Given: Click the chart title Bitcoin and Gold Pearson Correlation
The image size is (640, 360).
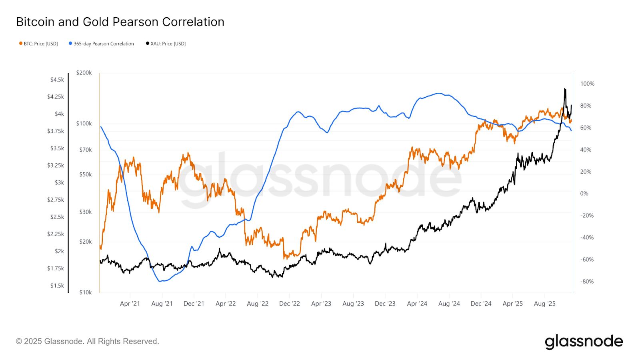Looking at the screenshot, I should pos(120,22).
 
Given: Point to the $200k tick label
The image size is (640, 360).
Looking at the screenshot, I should pos(84,73).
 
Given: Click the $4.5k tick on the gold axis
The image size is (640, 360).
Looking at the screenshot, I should pos(57,80).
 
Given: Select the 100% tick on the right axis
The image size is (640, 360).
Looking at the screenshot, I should pos(587,84).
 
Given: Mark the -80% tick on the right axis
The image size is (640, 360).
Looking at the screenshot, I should pos(587,282).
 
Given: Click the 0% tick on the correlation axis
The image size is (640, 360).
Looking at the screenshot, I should pos(584,194).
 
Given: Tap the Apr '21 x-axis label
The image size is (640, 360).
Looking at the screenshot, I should pos(130,304).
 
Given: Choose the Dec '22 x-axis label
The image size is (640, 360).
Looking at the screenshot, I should pos(290,304).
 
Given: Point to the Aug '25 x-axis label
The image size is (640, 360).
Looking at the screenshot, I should pos(544,304).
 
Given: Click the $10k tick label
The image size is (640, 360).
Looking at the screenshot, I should pos(86,292).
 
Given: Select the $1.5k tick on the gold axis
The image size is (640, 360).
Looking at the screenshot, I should pos(57,286).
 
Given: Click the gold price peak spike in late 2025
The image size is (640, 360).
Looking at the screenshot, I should pos(565,89).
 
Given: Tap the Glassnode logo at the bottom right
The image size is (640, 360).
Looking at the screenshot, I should pos(584,342).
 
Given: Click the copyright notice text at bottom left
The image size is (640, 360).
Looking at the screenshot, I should pos(88,342).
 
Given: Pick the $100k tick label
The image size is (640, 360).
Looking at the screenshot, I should pos(84,124).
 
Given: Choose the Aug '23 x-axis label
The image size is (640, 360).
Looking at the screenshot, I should pos(353,304).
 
